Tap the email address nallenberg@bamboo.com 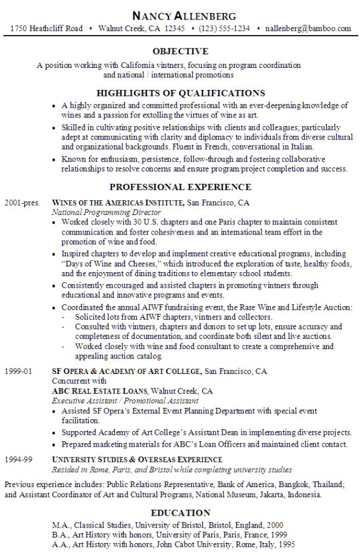click(x=308, y=28)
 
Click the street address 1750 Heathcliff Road click(x=47, y=28)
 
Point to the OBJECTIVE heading click(x=180, y=51)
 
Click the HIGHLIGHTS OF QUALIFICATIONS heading click(x=180, y=93)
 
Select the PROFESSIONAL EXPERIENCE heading click(x=180, y=186)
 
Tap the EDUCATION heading click(x=180, y=513)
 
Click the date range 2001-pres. click(x=22, y=203)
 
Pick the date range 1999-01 click(x=17, y=372)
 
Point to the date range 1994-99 click(x=17, y=460)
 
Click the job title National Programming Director click(x=107, y=212)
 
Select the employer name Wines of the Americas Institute click(x=118, y=203)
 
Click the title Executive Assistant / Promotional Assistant click(x=125, y=401)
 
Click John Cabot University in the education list click(x=186, y=544)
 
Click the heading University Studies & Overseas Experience click(x=137, y=460)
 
